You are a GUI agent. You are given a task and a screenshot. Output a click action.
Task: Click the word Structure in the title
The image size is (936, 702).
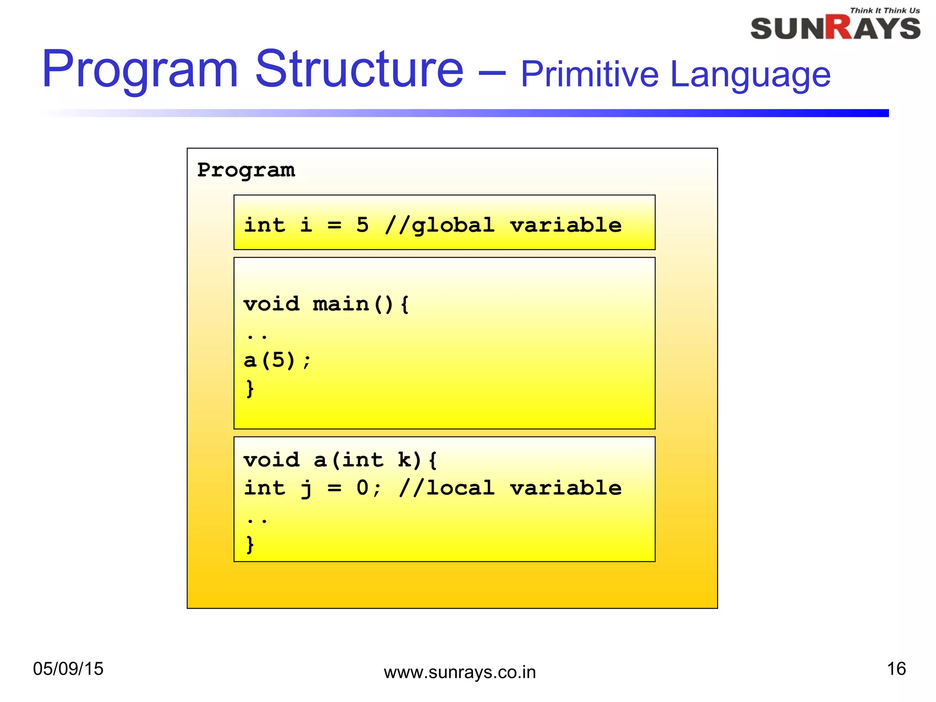tap(359, 69)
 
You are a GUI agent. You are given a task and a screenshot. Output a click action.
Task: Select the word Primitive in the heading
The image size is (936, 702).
tap(590, 74)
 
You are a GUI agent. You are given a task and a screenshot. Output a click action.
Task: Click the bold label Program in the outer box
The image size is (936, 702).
tap(246, 170)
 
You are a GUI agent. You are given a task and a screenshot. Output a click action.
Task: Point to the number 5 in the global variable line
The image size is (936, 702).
tap(362, 225)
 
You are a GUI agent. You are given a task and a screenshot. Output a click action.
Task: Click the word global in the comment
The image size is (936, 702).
tap(453, 225)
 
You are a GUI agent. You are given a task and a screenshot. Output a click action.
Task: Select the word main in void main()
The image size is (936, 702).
tap(340, 304)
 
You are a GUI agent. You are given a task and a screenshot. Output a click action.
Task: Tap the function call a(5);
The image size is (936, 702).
tap(277, 361)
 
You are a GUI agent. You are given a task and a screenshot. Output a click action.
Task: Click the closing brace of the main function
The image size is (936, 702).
tap(250, 388)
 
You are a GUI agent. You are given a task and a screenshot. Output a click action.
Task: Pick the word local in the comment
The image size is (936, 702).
tap(460, 488)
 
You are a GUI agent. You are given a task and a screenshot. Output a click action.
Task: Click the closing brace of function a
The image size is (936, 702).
tap(250, 544)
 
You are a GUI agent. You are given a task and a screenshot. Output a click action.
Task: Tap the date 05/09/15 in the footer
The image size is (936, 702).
tap(68, 669)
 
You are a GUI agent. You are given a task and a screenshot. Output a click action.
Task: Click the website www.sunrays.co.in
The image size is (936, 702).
tap(459, 672)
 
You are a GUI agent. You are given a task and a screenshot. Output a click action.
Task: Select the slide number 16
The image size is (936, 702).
tap(896, 669)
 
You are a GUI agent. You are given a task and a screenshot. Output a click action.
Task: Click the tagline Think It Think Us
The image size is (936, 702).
tap(884, 11)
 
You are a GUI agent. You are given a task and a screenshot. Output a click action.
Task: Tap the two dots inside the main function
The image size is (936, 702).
tap(256, 337)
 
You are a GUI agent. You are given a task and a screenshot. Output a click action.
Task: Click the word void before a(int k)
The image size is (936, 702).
tap(271, 460)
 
